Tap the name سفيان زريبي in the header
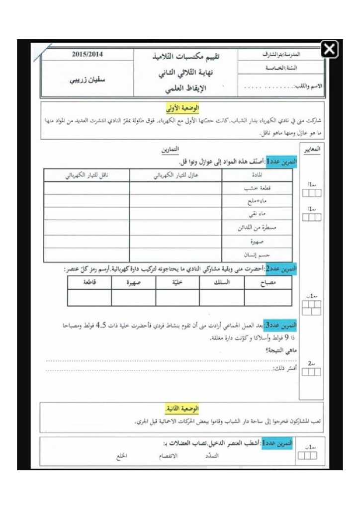tap(87, 80)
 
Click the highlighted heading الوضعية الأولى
tap(182, 108)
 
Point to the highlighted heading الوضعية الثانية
tap(182, 409)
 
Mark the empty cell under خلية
tap(178, 297)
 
